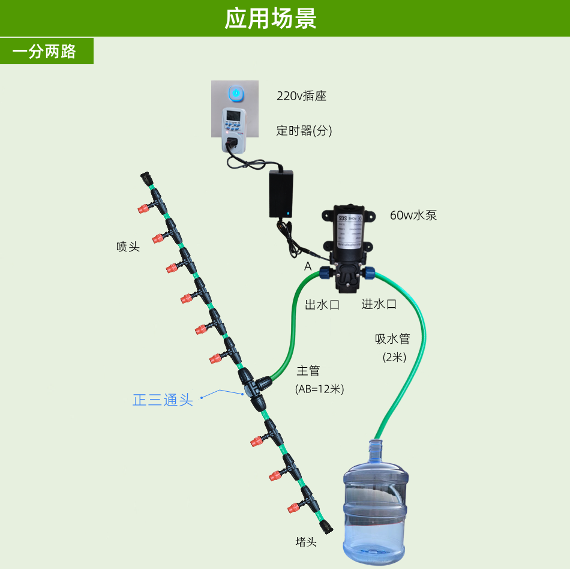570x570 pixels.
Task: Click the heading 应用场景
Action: click(271, 18)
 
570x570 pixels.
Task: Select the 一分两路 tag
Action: click(44, 51)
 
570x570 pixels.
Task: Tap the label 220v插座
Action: click(301, 96)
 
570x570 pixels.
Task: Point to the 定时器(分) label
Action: click(304, 130)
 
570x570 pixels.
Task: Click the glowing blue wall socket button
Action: click(236, 94)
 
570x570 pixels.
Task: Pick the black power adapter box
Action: click(281, 193)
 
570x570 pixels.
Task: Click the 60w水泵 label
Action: click(413, 215)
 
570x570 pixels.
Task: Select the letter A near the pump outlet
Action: click(308, 266)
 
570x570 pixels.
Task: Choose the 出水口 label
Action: click(322, 305)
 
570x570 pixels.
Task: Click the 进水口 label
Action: click(379, 304)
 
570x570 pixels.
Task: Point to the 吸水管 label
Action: click(392, 339)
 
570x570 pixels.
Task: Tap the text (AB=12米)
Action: click(319, 389)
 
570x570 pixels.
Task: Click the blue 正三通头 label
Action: click(163, 400)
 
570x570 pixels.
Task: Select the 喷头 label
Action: click(128, 247)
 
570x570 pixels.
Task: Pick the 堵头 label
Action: click(306, 542)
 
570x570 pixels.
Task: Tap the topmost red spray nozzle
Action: click(143, 209)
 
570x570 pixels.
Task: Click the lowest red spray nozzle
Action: click(293, 508)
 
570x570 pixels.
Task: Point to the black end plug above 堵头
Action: click(326, 527)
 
